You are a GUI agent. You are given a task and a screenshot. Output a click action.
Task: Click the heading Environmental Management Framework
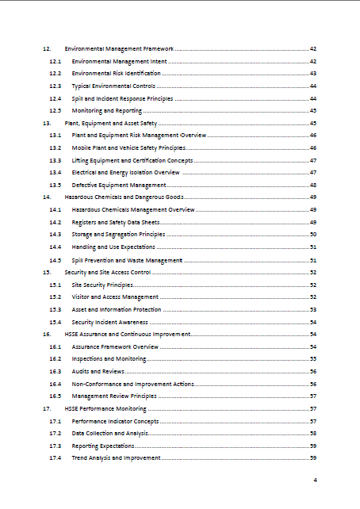(x=119, y=48)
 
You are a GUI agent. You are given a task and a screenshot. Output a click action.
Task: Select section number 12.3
(x=55, y=86)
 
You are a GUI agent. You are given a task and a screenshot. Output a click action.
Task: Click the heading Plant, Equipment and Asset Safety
(x=110, y=123)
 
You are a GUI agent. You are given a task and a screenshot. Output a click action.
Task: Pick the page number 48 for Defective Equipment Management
(x=313, y=185)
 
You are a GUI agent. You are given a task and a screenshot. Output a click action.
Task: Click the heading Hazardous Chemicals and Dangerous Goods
(x=124, y=197)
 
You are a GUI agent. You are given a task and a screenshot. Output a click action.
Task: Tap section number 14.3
(x=55, y=234)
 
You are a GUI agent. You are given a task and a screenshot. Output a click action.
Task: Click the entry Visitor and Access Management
(x=115, y=297)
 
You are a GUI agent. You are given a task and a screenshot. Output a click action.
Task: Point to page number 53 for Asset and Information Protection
(x=313, y=309)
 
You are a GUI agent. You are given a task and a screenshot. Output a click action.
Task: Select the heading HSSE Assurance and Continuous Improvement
(x=127, y=334)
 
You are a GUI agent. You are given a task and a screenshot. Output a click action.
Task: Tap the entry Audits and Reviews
(x=98, y=371)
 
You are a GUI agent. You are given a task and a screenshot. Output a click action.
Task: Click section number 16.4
(x=55, y=384)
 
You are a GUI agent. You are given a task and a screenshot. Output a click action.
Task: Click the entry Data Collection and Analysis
(x=109, y=434)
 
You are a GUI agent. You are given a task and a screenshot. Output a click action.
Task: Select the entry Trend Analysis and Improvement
(x=116, y=458)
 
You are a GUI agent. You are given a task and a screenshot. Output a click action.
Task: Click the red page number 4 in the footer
(x=315, y=480)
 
